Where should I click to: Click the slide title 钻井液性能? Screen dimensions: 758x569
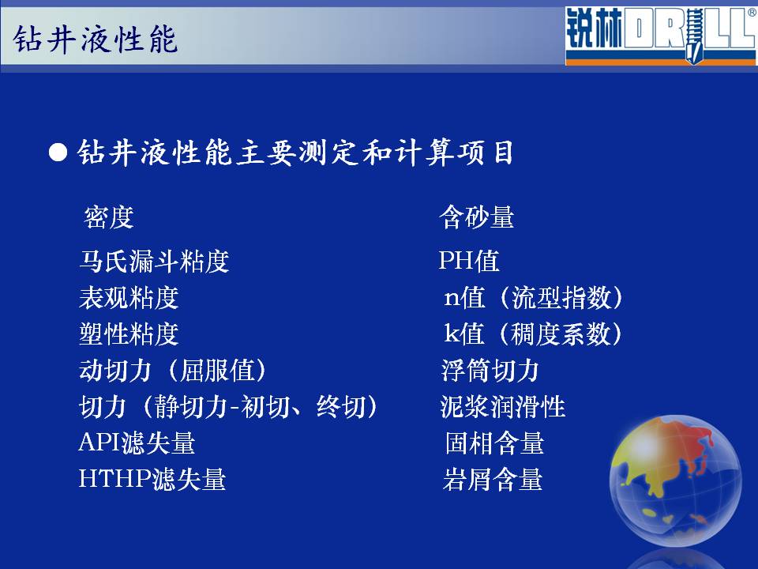pos(96,39)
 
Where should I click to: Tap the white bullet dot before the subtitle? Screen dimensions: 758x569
pos(58,153)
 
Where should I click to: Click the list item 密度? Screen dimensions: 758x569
pos(109,217)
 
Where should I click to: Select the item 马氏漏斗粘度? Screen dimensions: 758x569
pos(154,262)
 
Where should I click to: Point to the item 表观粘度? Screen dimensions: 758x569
pos(129,298)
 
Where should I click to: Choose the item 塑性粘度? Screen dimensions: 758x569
pos(129,333)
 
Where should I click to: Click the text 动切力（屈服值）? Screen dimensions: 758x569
pos(173,371)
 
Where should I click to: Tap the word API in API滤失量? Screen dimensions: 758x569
pos(99,443)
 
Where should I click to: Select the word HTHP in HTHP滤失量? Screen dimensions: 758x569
pos(115,479)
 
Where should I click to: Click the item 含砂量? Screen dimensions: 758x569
pos(477,217)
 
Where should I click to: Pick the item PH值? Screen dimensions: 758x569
pos(469,262)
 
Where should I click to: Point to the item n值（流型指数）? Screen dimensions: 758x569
pos(534,298)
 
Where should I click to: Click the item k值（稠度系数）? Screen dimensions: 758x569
pos(533,333)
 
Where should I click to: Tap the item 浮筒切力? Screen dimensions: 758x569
pos(490,371)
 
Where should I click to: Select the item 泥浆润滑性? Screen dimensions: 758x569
pos(503,407)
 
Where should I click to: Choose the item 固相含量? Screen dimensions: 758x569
pos(494,443)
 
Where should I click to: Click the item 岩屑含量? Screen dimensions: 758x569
pos(493,479)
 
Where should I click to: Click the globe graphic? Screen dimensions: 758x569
pos(675,480)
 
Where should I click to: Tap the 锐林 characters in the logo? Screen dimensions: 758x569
pos(594,28)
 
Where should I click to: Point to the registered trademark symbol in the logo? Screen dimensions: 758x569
pos(752,13)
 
